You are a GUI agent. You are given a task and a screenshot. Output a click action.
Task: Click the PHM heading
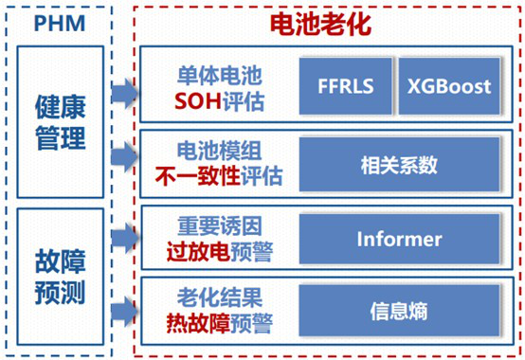60,23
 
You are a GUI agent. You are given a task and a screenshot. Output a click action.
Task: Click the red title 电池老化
320,24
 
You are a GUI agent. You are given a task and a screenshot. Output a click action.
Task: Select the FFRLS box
345,86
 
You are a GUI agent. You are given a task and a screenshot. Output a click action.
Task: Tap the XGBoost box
449,86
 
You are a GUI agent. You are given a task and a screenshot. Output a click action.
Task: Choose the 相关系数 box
399,164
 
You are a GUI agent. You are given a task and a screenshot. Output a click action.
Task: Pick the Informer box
399,239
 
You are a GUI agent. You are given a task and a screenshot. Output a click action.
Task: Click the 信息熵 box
399,311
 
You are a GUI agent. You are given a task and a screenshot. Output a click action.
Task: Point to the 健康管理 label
61,122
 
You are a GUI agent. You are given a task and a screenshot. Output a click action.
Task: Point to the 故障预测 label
61,277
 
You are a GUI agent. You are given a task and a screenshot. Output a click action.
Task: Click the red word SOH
198,101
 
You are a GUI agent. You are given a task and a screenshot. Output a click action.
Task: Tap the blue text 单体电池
219,75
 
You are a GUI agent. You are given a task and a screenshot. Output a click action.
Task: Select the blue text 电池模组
219,151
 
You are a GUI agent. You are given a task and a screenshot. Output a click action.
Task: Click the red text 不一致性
198,176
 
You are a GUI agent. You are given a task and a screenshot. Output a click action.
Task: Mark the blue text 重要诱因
219,225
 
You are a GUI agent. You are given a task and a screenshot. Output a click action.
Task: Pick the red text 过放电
198,252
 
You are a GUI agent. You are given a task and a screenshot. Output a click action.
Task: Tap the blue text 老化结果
219,297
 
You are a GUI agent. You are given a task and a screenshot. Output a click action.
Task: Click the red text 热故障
198,323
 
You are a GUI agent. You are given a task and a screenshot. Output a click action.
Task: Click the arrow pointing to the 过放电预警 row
124,238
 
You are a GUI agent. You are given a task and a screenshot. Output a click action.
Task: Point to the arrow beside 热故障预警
124,312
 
